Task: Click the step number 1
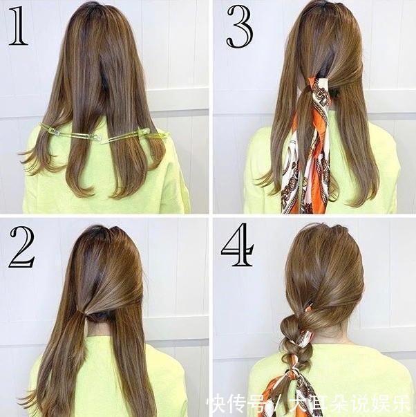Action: tap(17, 26)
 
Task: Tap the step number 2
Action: tap(22, 248)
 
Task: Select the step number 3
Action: tap(240, 26)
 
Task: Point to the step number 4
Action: tap(237, 245)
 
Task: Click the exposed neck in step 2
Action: tap(98, 327)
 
